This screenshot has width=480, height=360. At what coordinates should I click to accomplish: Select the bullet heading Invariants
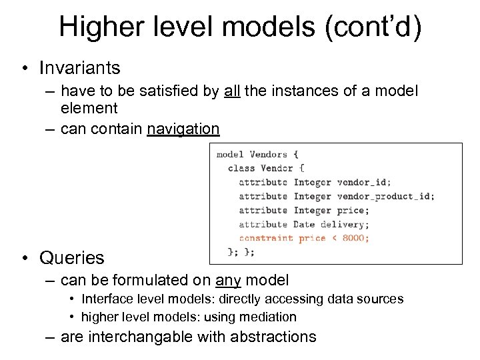coord(79,68)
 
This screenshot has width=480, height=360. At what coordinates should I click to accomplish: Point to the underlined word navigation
coord(183,129)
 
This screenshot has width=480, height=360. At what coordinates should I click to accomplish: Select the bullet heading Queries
coord(71,257)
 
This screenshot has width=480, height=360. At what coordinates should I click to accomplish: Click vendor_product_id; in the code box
coord(386,196)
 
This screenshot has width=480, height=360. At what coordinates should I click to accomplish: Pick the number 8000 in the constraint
coord(353,238)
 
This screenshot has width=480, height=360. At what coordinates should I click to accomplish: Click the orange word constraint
coord(265,238)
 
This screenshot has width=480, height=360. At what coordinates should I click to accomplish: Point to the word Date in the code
coord(304,224)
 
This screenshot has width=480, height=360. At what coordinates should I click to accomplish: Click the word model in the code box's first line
coord(229,154)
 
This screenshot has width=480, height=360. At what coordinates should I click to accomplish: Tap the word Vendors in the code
coord(268,154)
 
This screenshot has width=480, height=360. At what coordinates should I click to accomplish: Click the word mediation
coord(266,317)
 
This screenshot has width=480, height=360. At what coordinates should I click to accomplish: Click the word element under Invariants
coord(89,108)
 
